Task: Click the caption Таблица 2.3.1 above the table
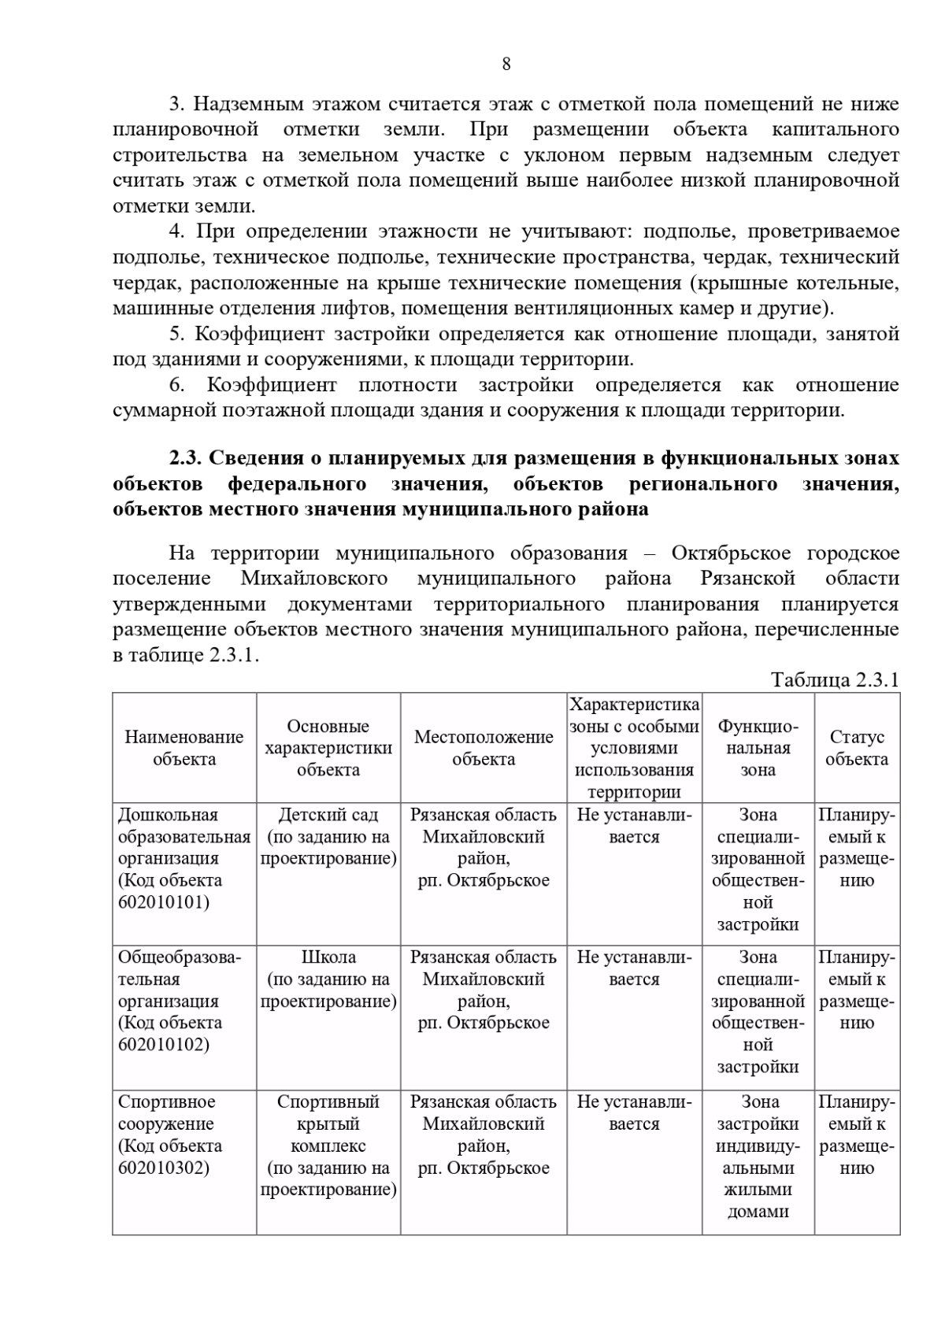click(835, 680)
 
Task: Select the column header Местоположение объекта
click(484, 748)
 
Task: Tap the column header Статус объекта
click(857, 748)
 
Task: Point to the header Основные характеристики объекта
click(328, 748)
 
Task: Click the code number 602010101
click(164, 902)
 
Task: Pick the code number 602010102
click(164, 1045)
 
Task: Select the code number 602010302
click(164, 1168)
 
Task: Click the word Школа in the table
click(328, 957)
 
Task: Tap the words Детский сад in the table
click(328, 815)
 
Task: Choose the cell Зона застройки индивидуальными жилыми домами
click(758, 1156)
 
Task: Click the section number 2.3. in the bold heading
click(186, 458)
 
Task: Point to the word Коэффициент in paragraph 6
click(272, 385)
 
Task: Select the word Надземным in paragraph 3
click(239, 104)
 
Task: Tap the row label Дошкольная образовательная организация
click(183, 837)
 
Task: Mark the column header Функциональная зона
click(758, 748)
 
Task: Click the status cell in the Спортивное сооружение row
click(857, 1134)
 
